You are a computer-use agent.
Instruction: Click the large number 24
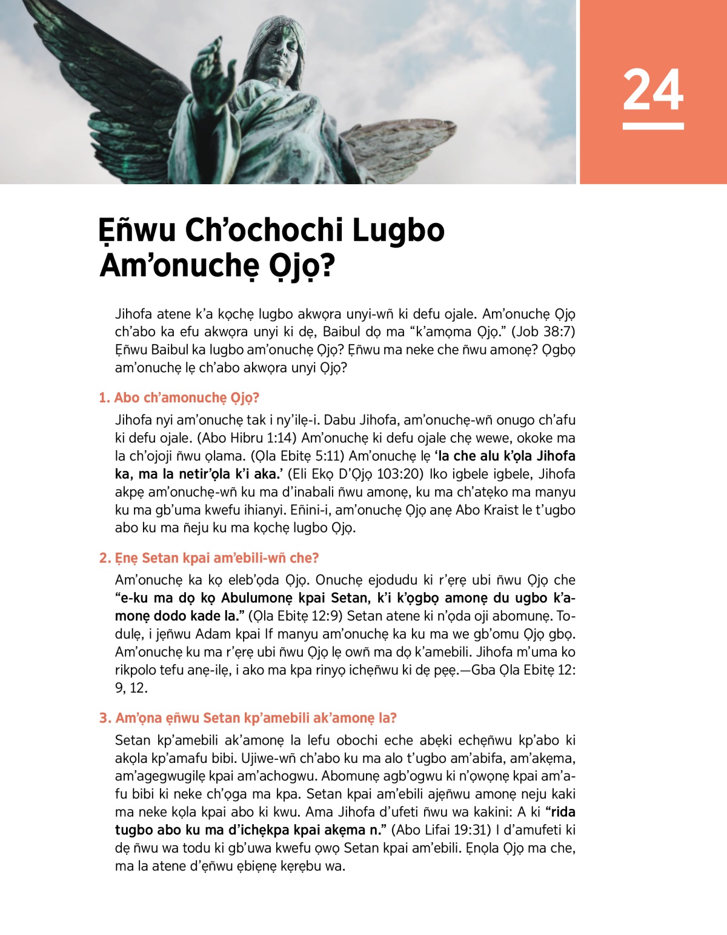tap(652, 90)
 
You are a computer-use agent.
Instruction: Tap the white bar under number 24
tap(652, 126)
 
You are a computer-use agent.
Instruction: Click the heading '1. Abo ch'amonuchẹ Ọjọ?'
tap(179, 398)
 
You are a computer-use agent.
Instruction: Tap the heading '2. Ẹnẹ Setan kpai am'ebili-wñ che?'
tap(208, 557)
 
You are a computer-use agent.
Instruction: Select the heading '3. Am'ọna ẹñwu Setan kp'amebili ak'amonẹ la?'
tap(248, 718)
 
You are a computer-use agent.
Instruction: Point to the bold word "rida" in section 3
tap(560, 812)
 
